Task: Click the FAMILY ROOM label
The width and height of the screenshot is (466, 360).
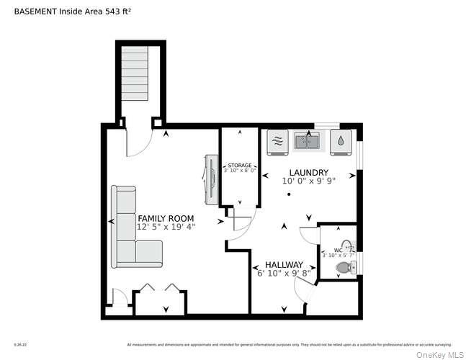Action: tap(166, 217)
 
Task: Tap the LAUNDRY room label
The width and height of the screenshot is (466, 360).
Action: tap(309, 173)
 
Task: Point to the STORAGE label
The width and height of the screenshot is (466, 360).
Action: tap(240, 166)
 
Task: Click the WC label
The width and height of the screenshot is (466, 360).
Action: tap(338, 250)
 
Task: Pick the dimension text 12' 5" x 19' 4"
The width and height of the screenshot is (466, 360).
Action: tap(166, 227)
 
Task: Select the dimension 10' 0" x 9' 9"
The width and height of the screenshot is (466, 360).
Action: tap(309, 182)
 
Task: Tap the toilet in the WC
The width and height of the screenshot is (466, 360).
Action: tap(344, 268)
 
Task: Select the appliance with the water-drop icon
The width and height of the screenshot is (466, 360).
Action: tap(339, 141)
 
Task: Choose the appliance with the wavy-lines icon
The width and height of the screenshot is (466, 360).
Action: tap(277, 140)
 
